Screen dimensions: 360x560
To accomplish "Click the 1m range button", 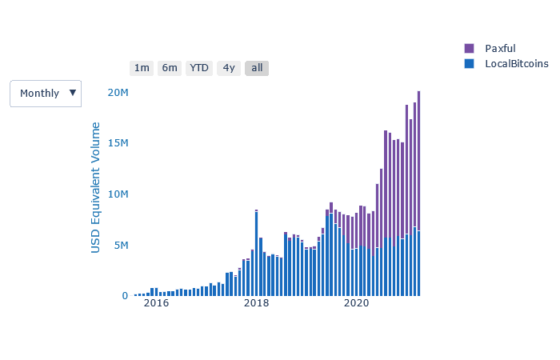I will pyautogui.click(x=142, y=68).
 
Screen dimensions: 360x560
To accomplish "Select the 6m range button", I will pyautogui.click(x=170, y=68).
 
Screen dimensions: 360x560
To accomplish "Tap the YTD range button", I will pyautogui.click(x=199, y=68).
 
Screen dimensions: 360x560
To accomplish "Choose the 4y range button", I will pyautogui.click(x=229, y=68).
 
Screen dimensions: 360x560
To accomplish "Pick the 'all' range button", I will pyautogui.click(x=257, y=68).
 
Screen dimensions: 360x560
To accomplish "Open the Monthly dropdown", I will pyautogui.click(x=46, y=94).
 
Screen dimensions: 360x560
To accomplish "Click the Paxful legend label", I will pyautogui.click(x=501, y=49).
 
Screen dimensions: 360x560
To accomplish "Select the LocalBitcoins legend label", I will pyautogui.click(x=516, y=64).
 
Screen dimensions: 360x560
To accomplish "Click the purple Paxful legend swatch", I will pyautogui.click(x=469, y=49).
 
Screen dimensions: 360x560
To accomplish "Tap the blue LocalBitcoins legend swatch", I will pyautogui.click(x=469, y=64).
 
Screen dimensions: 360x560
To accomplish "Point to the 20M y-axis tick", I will pyautogui.click(x=118, y=93).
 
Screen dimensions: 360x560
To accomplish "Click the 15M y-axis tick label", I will pyautogui.click(x=118, y=143).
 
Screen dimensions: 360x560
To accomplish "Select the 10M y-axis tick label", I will pyautogui.click(x=118, y=194).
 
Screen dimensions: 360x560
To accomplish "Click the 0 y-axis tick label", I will pyautogui.click(x=125, y=296).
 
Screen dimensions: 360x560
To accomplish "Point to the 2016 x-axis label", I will pyautogui.click(x=156, y=304).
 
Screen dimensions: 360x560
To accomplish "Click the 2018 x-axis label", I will pyautogui.click(x=256, y=304).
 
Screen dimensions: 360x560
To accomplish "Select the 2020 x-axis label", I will pyautogui.click(x=356, y=304).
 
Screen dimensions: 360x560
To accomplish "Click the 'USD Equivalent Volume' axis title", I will pyautogui.click(x=96, y=188).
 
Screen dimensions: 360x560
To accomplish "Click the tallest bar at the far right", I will pyautogui.click(x=418, y=192).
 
